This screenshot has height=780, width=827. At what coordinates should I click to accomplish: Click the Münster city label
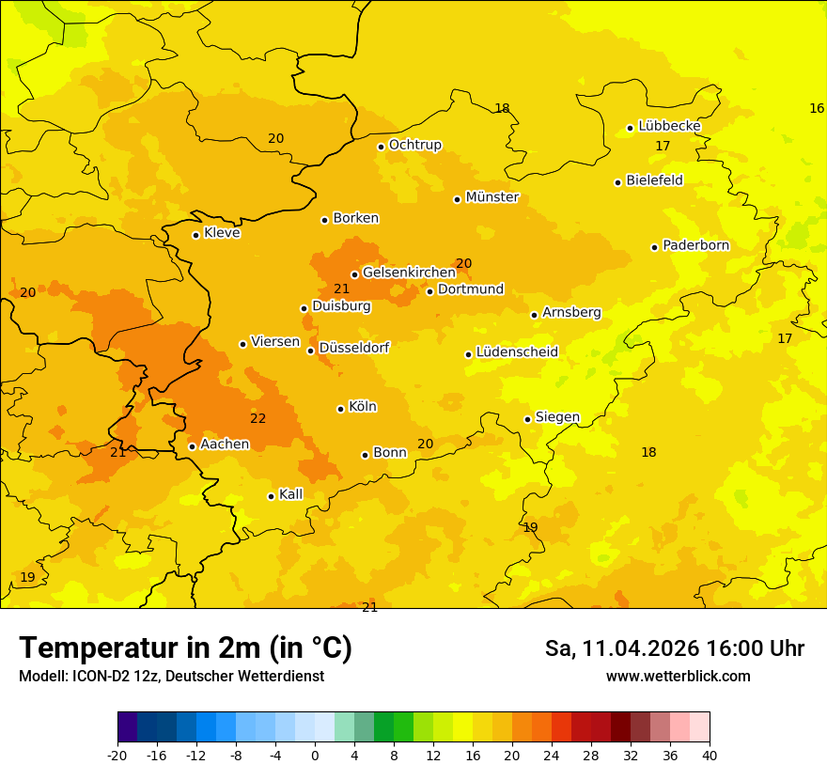[x=492, y=197]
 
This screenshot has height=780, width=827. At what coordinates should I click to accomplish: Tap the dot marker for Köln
[x=340, y=409]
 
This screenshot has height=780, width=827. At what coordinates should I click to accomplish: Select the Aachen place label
[x=225, y=445]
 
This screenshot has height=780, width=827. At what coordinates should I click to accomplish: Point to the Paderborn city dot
[x=654, y=247]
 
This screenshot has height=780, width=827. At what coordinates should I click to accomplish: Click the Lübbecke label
[x=669, y=126]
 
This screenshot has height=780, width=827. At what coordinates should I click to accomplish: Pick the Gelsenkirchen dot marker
[x=354, y=274]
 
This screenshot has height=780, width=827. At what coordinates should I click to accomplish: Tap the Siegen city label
[x=557, y=417]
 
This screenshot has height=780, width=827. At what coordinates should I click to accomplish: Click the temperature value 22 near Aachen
[x=257, y=418]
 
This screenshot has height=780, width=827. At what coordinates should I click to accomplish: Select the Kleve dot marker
[x=195, y=235]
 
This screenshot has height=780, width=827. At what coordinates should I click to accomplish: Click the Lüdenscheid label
[x=517, y=352]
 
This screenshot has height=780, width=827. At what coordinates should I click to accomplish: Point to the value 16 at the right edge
[x=817, y=108]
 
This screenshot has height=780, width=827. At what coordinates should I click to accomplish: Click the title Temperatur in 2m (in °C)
[x=185, y=647]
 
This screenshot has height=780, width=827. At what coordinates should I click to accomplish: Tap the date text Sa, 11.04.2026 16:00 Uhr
[x=674, y=648]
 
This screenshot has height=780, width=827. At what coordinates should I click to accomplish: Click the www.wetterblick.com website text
[x=678, y=677]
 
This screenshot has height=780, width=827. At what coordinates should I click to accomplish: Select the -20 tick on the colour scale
[x=117, y=755]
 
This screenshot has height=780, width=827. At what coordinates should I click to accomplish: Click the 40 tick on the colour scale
[x=710, y=755]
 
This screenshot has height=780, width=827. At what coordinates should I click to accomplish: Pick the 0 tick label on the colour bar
[x=315, y=755]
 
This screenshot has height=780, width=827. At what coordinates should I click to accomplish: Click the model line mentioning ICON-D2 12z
[x=171, y=677]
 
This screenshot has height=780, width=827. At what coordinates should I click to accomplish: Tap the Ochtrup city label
[x=414, y=145]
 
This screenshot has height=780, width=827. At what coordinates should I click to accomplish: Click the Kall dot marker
[x=271, y=496]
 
